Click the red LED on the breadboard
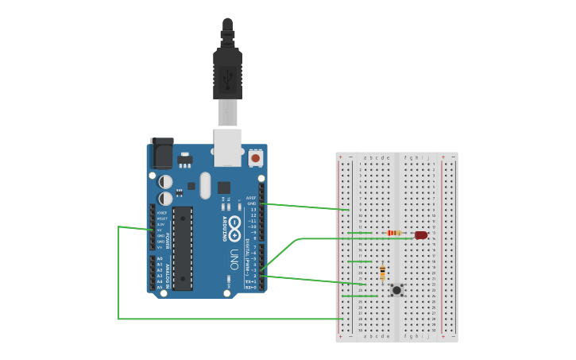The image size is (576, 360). point(421,235)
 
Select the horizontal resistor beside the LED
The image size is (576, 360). point(393,233)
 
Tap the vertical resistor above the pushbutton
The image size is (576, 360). point(383,273)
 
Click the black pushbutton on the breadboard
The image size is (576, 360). point(396,290)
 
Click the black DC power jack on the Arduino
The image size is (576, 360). point(161,152)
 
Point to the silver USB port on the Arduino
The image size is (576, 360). point(227,147)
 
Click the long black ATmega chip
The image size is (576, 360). point(183,248)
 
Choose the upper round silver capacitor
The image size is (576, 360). point(165,182)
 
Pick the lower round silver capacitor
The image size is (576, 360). point(165,198)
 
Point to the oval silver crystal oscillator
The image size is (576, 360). point(205,186)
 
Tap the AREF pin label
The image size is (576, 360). point(251,197)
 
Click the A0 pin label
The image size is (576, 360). point(160,259)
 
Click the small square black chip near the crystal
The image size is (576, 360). point(224,188)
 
